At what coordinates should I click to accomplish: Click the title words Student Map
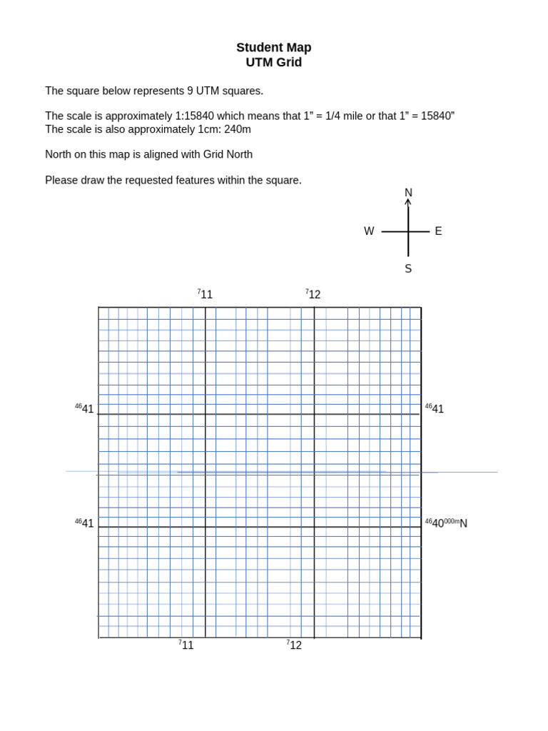274,48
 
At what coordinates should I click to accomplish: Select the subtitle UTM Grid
274,63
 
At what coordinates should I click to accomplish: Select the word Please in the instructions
63,180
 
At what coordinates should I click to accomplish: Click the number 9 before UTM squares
191,91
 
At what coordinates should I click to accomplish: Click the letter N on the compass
408,193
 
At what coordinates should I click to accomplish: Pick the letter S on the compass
408,269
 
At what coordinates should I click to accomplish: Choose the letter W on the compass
369,231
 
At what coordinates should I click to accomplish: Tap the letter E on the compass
438,231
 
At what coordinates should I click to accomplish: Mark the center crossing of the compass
408,231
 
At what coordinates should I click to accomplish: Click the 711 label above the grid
205,294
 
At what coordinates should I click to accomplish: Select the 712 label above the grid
313,294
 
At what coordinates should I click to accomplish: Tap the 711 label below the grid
186,645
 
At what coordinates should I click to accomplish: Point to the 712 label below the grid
295,645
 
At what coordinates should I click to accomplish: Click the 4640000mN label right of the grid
446,523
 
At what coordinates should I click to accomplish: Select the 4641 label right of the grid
435,409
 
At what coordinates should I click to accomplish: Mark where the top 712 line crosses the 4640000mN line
314,527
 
